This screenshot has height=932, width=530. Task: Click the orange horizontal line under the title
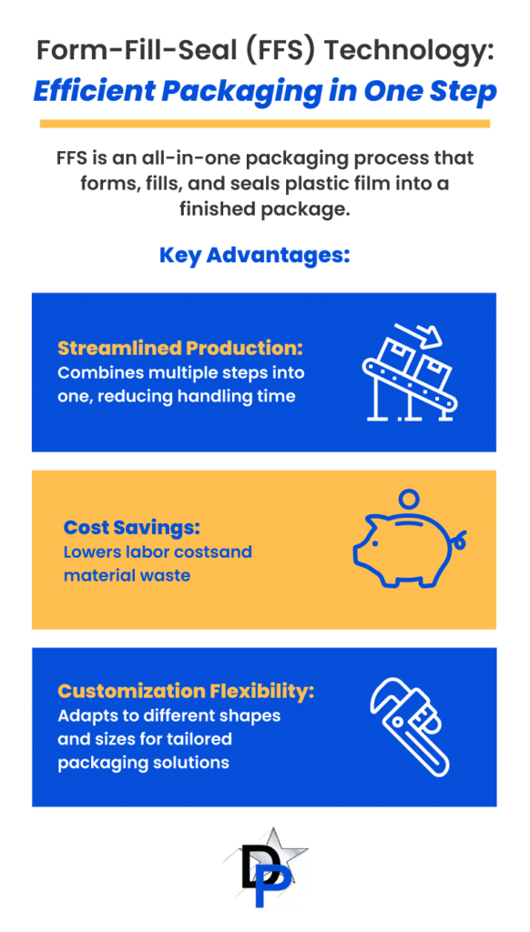[265, 124]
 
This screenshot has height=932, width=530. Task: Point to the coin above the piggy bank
[409, 498]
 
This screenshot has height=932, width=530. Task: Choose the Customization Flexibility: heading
[186, 692]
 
